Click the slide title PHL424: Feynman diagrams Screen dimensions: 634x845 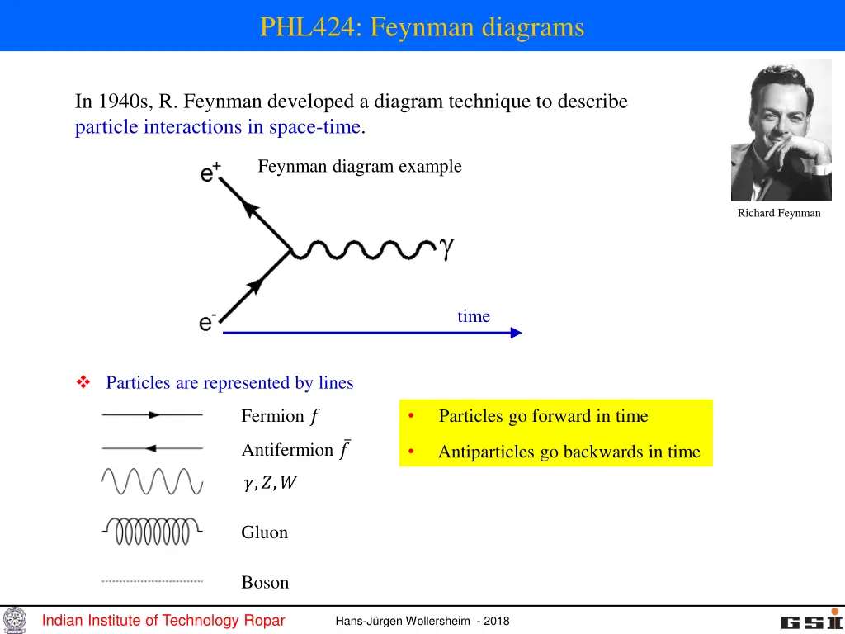point(422,27)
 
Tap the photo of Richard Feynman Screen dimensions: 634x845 point(781,130)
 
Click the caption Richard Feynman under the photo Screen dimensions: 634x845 point(779,213)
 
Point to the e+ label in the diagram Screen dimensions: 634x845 point(210,173)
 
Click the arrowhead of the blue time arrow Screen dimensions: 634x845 point(515,333)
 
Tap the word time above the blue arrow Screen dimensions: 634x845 point(474,316)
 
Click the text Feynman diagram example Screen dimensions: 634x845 point(360,166)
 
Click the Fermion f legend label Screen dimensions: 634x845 point(279,416)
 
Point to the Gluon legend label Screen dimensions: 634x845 point(264,532)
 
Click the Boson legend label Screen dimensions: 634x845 point(265,582)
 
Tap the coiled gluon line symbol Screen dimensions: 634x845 point(153,531)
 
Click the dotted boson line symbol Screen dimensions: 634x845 point(153,581)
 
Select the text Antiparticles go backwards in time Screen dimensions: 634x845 point(569,452)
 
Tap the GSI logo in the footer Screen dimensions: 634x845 point(811,621)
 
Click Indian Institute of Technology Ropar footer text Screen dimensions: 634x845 point(163,621)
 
